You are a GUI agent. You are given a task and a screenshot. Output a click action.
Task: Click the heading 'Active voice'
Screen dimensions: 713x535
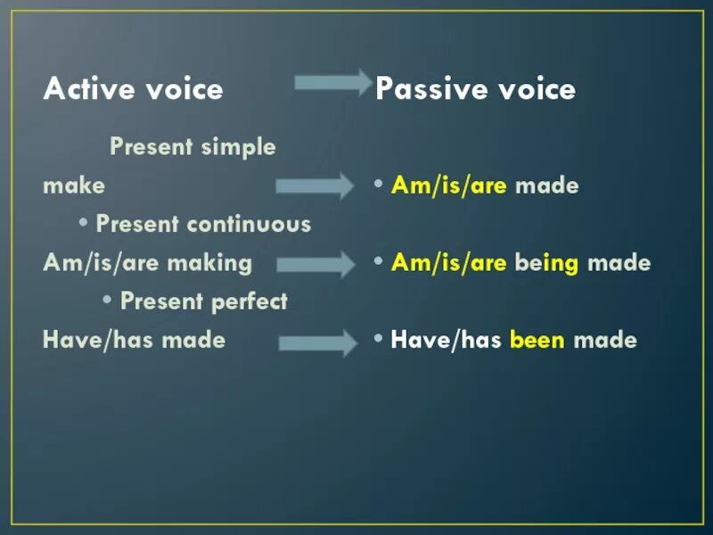tap(133, 87)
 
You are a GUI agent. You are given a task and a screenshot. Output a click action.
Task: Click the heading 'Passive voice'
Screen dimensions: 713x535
tap(476, 87)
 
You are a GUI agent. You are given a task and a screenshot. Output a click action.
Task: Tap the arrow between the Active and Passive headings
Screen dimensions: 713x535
tap(333, 83)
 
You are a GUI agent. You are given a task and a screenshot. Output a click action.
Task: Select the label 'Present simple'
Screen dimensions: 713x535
tap(193, 147)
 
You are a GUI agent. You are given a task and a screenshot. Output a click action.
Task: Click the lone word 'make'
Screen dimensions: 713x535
tap(74, 185)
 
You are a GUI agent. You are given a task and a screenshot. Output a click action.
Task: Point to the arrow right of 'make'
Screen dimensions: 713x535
tap(315, 185)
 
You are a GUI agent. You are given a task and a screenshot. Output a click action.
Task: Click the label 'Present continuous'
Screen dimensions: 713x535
tap(203, 224)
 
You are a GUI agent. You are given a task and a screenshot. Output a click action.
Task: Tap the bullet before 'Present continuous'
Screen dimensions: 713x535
tap(83, 222)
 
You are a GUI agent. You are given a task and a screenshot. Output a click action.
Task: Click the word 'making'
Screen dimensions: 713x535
tap(209, 264)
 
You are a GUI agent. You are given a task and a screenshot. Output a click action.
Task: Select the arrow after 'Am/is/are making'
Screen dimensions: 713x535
tap(316, 264)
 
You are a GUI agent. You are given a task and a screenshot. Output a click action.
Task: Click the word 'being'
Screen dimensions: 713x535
tap(546, 263)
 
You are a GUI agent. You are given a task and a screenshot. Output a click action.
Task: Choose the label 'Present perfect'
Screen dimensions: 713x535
tap(204, 301)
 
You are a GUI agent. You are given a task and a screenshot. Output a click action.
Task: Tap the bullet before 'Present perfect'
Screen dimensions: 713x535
tap(107, 300)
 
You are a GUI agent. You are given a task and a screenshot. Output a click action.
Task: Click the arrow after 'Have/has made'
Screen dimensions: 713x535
tap(318, 343)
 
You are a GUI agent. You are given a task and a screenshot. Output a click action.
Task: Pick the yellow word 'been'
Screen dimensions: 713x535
tap(537, 340)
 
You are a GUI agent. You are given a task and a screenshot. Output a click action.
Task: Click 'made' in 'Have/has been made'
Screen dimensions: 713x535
tap(605, 340)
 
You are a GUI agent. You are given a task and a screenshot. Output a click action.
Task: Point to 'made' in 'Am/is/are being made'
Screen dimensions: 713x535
tap(619, 263)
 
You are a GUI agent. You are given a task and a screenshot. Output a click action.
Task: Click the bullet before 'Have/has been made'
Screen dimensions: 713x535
tap(378, 338)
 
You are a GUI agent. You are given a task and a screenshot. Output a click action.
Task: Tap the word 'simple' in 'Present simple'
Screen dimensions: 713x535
tap(238, 147)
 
